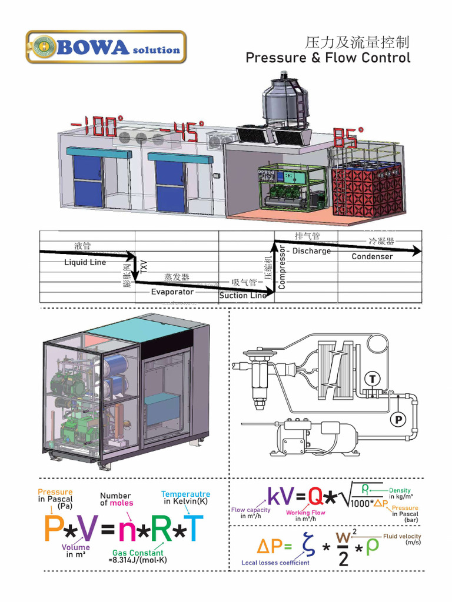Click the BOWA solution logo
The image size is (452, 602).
click(x=106, y=48)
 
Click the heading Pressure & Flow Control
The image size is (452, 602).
click(x=328, y=58)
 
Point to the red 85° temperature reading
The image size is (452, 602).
click(x=345, y=139)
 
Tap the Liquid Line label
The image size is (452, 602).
click(x=85, y=262)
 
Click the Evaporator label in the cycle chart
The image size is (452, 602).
click(x=172, y=292)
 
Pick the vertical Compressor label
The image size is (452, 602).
click(x=281, y=267)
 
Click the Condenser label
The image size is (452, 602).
click(x=372, y=256)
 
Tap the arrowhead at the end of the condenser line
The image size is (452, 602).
click(x=417, y=251)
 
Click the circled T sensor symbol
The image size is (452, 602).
click(x=371, y=378)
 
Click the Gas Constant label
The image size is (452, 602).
click(x=138, y=553)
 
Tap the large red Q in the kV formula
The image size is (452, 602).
click(x=315, y=497)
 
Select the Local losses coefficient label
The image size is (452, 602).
click(x=275, y=563)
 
